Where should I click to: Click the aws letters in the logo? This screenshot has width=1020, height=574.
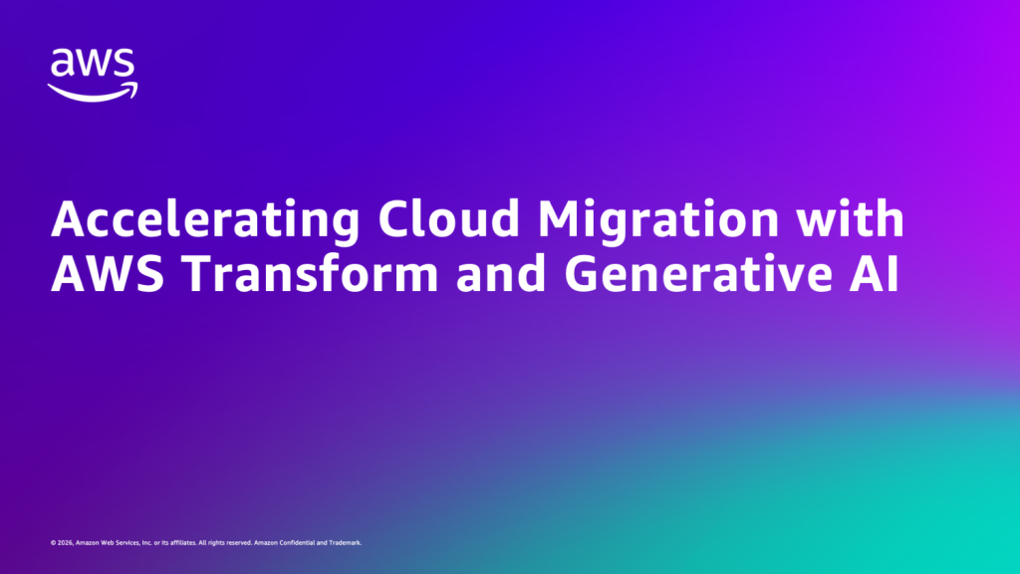(x=93, y=65)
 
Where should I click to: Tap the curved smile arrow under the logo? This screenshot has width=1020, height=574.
(x=93, y=92)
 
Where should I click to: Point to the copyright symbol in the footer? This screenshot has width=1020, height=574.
(x=52, y=543)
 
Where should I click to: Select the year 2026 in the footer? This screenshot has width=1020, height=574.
(x=64, y=543)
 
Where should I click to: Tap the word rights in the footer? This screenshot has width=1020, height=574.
(x=215, y=543)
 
